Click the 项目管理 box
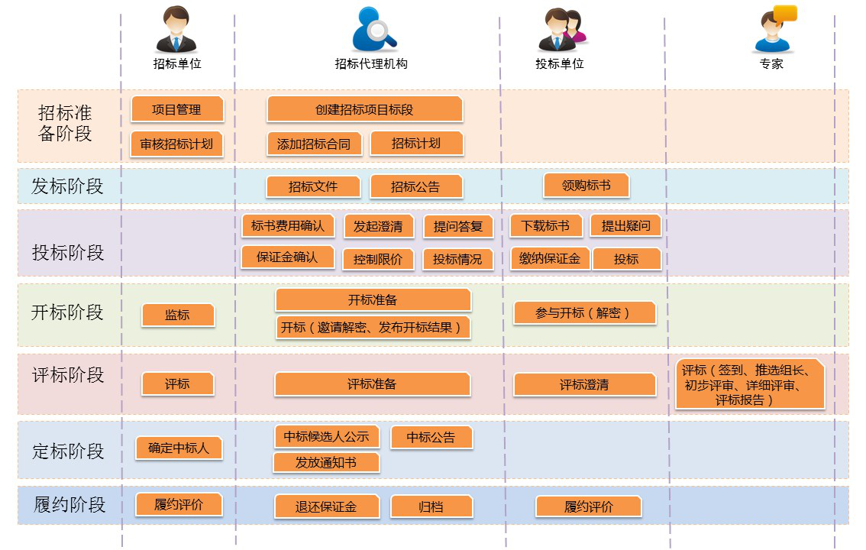[x=177, y=109]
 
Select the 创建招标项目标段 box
[x=364, y=109]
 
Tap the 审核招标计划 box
[x=177, y=144]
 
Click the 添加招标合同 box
[x=314, y=144]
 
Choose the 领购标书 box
[x=586, y=185]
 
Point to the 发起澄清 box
[x=378, y=226]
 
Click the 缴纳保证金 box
[x=550, y=258]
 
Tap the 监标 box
[x=177, y=315]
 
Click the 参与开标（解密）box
[x=584, y=312]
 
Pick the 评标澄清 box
[x=584, y=384]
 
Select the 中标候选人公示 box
[x=327, y=436]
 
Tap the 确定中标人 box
[x=179, y=448]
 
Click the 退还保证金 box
[x=327, y=506]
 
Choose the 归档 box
[x=431, y=506]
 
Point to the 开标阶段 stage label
[x=67, y=312]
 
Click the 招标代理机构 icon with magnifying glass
[x=373, y=31]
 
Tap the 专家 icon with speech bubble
[x=773, y=28]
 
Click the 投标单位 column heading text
[x=560, y=64]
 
